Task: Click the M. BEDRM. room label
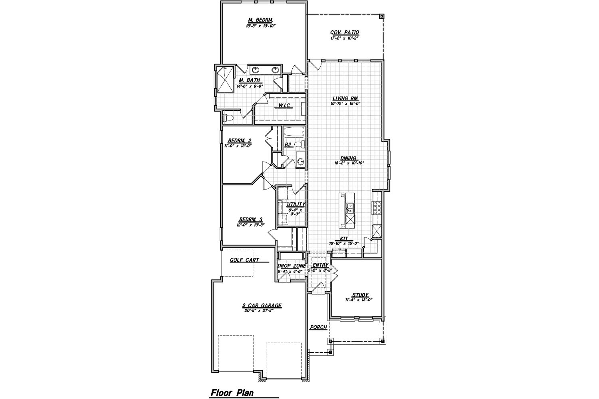pyautogui.click(x=260, y=20)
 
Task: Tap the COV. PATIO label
pyautogui.click(x=344, y=33)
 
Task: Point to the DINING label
pyautogui.click(x=348, y=158)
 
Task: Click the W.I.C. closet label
pyautogui.click(x=284, y=105)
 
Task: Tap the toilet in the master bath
pyautogui.click(x=226, y=118)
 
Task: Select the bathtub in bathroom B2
pyautogui.click(x=294, y=132)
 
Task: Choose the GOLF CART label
pyautogui.click(x=244, y=260)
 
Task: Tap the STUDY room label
pyautogui.click(x=360, y=295)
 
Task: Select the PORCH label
pyautogui.click(x=318, y=327)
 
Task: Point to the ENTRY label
pyautogui.click(x=320, y=265)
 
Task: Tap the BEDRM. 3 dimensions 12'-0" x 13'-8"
pyautogui.click(x=250, y=225)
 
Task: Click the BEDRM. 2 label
pyautogui.click(x=240, y=140)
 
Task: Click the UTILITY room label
pyautogui.click(x=296, y=204)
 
